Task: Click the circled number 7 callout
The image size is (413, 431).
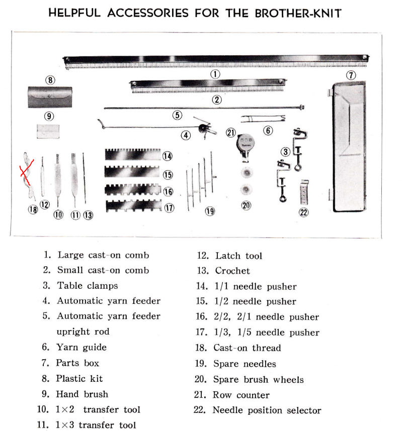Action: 351,75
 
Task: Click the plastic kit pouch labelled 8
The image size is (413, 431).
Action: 50,97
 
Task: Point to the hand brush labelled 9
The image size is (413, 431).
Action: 48,132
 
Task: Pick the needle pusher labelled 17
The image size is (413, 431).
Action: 133,206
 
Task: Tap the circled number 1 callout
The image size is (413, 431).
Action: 215,73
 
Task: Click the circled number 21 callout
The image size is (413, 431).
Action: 231,133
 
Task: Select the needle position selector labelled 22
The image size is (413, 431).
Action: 304,192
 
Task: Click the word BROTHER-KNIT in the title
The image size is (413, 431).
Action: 298,13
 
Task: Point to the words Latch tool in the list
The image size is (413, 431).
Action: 238,256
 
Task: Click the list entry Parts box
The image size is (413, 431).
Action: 77,363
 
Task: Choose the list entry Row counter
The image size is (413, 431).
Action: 241,395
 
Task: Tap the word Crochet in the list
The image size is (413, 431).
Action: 232,271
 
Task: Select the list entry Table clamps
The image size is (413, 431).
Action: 87,286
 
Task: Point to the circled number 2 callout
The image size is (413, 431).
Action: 217,99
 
